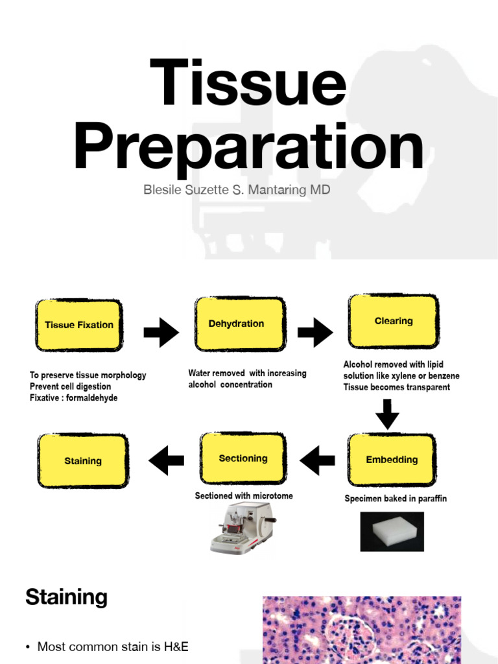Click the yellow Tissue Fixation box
(x=79, y=325)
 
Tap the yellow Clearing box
(x=394, y=321)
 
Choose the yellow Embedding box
(x=392, y=460)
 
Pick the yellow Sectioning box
(x=243, y=458)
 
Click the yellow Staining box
(x=83, y=461)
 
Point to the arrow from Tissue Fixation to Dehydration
(x=161, y=333)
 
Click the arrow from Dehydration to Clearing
(x=315, y=333)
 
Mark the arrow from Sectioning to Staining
(x=166, y=460)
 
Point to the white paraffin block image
(x=392, y=531)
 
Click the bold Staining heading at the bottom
(x=66, y=597)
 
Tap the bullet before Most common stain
(x=28, y=646)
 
